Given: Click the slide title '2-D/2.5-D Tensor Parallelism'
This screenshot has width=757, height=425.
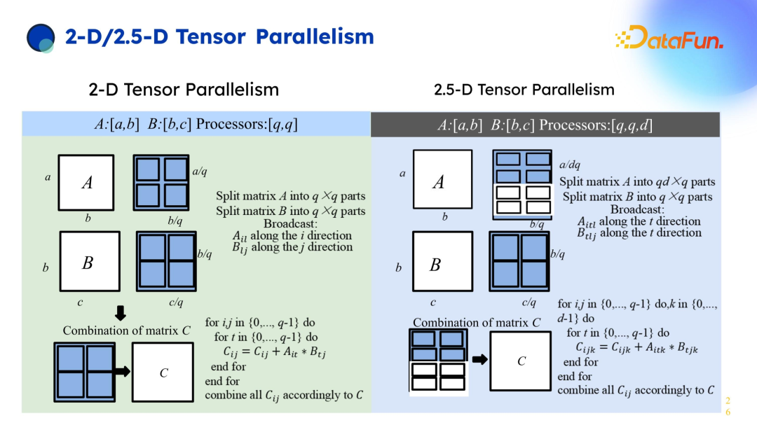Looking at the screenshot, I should tap(219, 36).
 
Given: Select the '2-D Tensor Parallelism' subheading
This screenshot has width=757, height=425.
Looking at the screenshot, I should tap(184, 90).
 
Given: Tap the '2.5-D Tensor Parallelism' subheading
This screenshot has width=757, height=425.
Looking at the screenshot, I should tap(524, 90).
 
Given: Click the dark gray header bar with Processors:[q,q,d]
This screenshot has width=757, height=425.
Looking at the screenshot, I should tap(545, 125).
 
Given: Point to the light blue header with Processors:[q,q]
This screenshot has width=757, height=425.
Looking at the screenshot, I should tap(196, 125).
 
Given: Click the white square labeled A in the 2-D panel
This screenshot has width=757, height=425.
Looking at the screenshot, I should tap(86, 183).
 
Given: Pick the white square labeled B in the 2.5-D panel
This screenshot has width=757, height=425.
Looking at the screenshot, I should tap(442, 264).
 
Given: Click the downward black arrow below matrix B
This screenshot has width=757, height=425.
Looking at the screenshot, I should tap(120, 313).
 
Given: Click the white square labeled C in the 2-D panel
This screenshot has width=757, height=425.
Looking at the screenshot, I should tap(163, 372).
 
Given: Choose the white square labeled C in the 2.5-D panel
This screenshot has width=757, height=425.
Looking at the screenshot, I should tap(521, 361).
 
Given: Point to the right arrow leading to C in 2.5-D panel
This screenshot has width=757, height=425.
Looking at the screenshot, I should tap(479, 360).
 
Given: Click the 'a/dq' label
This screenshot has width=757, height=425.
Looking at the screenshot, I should tap(571, 165).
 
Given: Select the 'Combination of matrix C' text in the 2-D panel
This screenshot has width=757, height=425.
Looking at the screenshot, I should tap(127, 330).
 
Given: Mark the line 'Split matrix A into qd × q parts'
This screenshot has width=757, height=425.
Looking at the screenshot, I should tap(637, 182).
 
